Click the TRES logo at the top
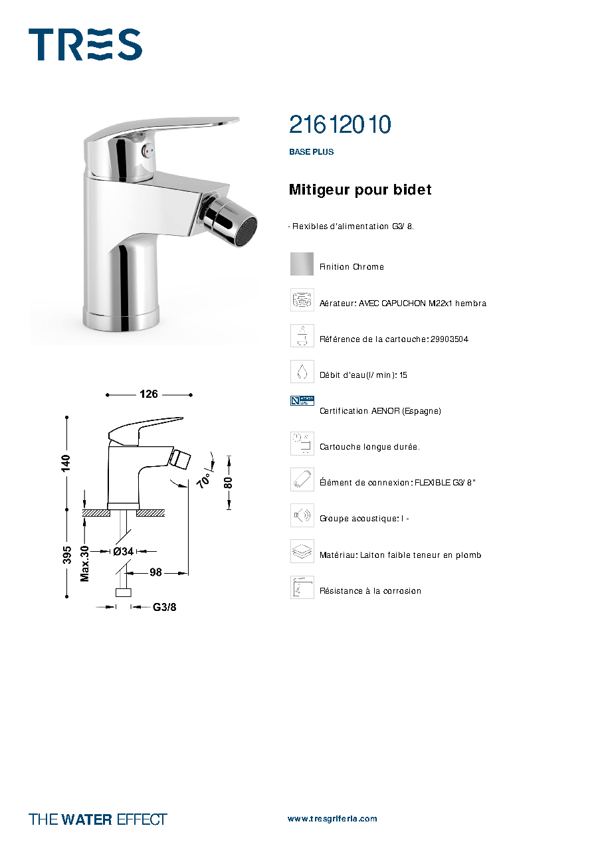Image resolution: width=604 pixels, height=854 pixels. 85,44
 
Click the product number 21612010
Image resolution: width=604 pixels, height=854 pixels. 340,124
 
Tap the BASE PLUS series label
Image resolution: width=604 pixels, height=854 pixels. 312,151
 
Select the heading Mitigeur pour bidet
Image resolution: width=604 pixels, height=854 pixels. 359,189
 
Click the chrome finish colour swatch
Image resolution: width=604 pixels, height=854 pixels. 302,264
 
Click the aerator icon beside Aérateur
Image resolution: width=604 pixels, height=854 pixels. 302,299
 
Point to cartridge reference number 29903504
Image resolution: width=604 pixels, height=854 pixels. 449,339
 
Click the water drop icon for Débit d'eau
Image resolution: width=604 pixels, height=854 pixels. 302,371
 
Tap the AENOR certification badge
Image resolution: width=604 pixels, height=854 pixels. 302,400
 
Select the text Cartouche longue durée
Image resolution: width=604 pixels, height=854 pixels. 369,447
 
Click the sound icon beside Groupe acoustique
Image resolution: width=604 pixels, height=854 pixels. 302,515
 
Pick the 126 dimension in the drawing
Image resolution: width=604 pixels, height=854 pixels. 149,394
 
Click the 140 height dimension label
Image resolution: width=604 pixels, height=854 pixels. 66,464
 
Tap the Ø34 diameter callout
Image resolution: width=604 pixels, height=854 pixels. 123,552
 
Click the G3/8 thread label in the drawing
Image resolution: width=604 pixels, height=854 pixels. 164,608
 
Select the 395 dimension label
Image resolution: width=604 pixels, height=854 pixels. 66,555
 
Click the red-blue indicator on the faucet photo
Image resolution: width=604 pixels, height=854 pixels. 148,151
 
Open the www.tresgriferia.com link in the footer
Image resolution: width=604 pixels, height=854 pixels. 332,819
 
